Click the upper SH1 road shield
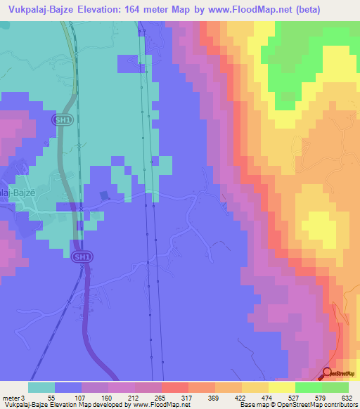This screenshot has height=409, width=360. tap(62, 120)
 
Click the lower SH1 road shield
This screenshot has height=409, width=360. tap(82, 258)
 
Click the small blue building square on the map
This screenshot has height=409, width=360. tap(105, 195)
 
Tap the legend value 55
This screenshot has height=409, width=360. tap(51, 398)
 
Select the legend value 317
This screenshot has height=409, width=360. tap(186, 398)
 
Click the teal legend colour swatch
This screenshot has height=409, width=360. tap(41, 387)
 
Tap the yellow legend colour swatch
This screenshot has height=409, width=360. tap(281, 387)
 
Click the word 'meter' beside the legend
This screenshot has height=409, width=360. tap(11, 398)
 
